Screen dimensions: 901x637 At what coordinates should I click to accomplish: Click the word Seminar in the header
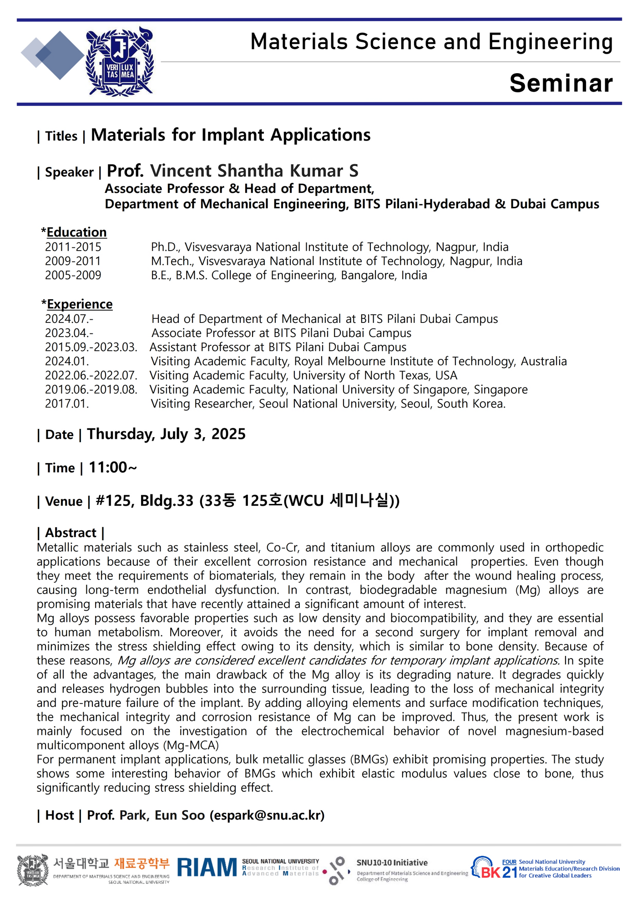(x=561, y=83)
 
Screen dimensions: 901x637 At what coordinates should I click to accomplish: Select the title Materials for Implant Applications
(x=231, y=135)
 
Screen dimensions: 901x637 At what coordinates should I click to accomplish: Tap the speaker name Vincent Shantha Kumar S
(x=254, y=171)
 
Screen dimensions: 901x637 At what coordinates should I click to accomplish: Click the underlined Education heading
(x=76, y=232)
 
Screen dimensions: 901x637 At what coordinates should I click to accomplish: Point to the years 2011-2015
(x=73, y=247)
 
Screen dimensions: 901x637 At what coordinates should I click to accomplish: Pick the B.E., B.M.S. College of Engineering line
(x=289, y=275)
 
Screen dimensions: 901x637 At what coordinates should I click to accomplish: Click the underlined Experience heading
(x=80, y=304)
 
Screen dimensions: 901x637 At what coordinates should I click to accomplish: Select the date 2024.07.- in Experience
(x=69, y=319)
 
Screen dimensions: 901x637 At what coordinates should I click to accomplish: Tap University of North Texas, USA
(x=375, y=375)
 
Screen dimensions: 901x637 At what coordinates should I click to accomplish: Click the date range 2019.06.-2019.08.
(x=91, y=389)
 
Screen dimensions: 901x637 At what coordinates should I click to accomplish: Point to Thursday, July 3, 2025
(x=166, y=434)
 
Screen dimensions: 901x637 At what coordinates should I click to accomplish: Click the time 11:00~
(x=113, y=467)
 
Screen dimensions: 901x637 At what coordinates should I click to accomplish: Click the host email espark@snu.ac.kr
(x=267, y=815)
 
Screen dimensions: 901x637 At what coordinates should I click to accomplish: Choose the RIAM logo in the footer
(x=207, y=867)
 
